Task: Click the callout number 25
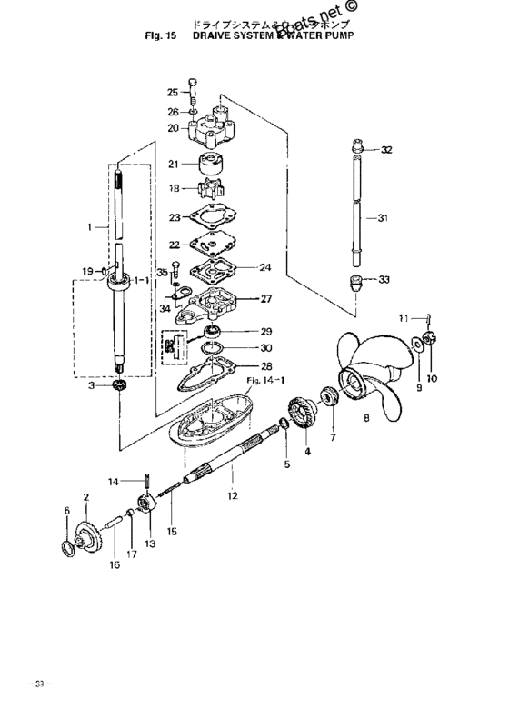173,92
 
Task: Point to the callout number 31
383,217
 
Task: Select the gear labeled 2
87,534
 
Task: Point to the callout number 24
265,267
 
